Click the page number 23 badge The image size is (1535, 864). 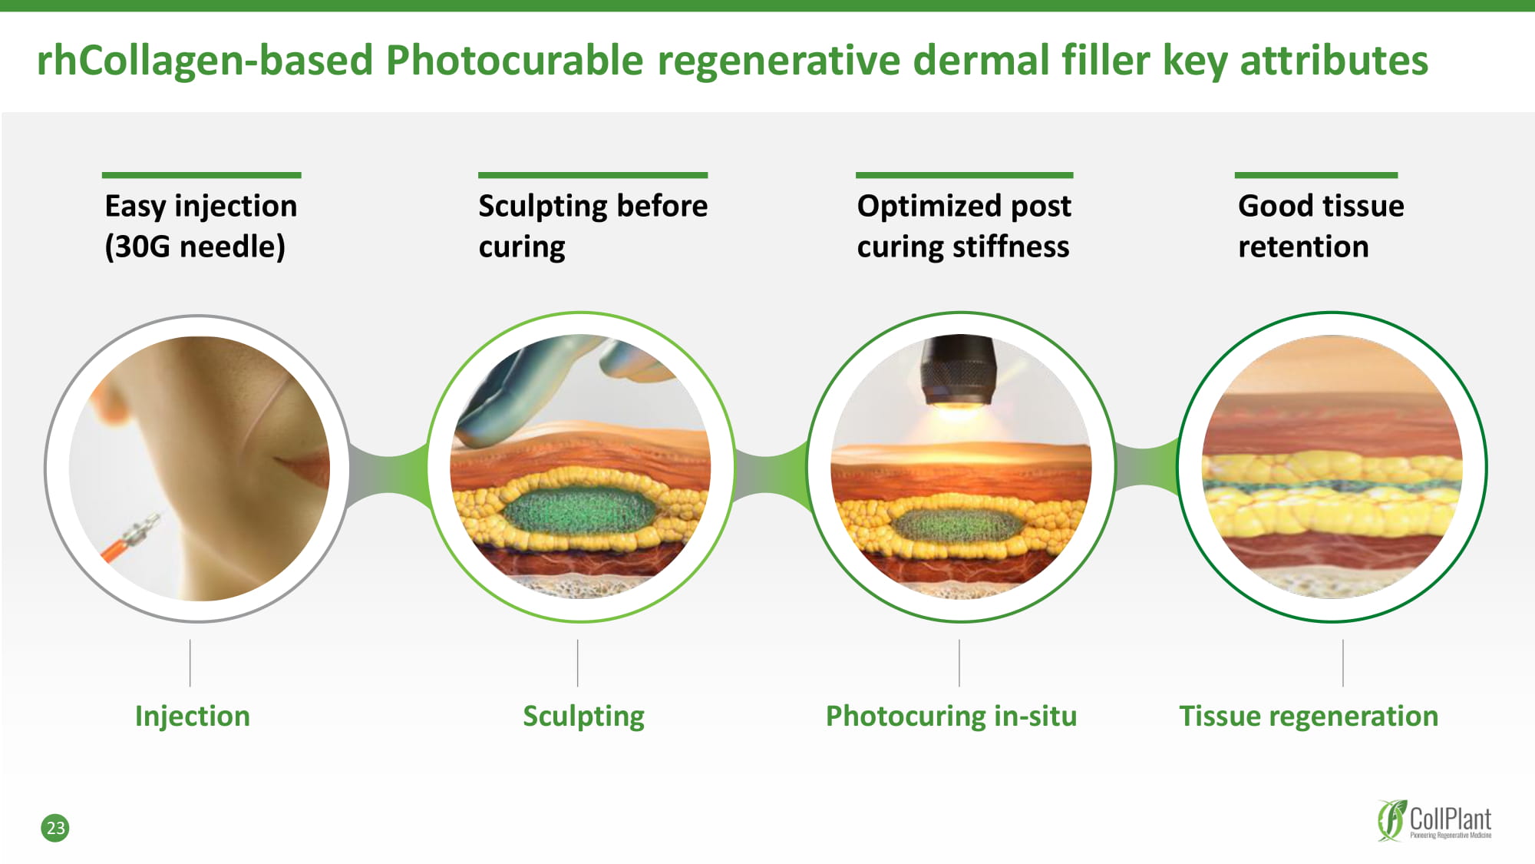(x=54, y=828)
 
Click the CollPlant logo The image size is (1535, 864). (x=1434, y=820)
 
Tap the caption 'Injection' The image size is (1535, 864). (x=193, y=716)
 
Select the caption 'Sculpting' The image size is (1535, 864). (x=583, y=717)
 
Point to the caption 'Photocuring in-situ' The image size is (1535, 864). (x=951, y=717)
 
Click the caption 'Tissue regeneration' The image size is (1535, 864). (x=1309, y=717)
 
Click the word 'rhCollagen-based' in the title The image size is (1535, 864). (x=205, y=61)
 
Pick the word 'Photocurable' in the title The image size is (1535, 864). (x=514, y=60)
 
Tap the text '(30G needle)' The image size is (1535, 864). (x=195, y=247)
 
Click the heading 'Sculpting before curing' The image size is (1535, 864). (x=593, y=226)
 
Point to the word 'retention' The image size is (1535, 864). (x=1303, y=247)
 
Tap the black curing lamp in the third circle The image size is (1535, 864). (x=959, y=370)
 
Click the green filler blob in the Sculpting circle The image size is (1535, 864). (x=581, y=510)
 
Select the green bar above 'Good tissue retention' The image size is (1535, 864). (x=1315, y=175)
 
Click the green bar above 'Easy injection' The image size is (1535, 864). (x=201, y=175)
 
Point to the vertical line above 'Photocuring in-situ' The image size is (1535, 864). (x=959, y=663)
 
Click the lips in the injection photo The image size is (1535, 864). (x=304, y=467)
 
